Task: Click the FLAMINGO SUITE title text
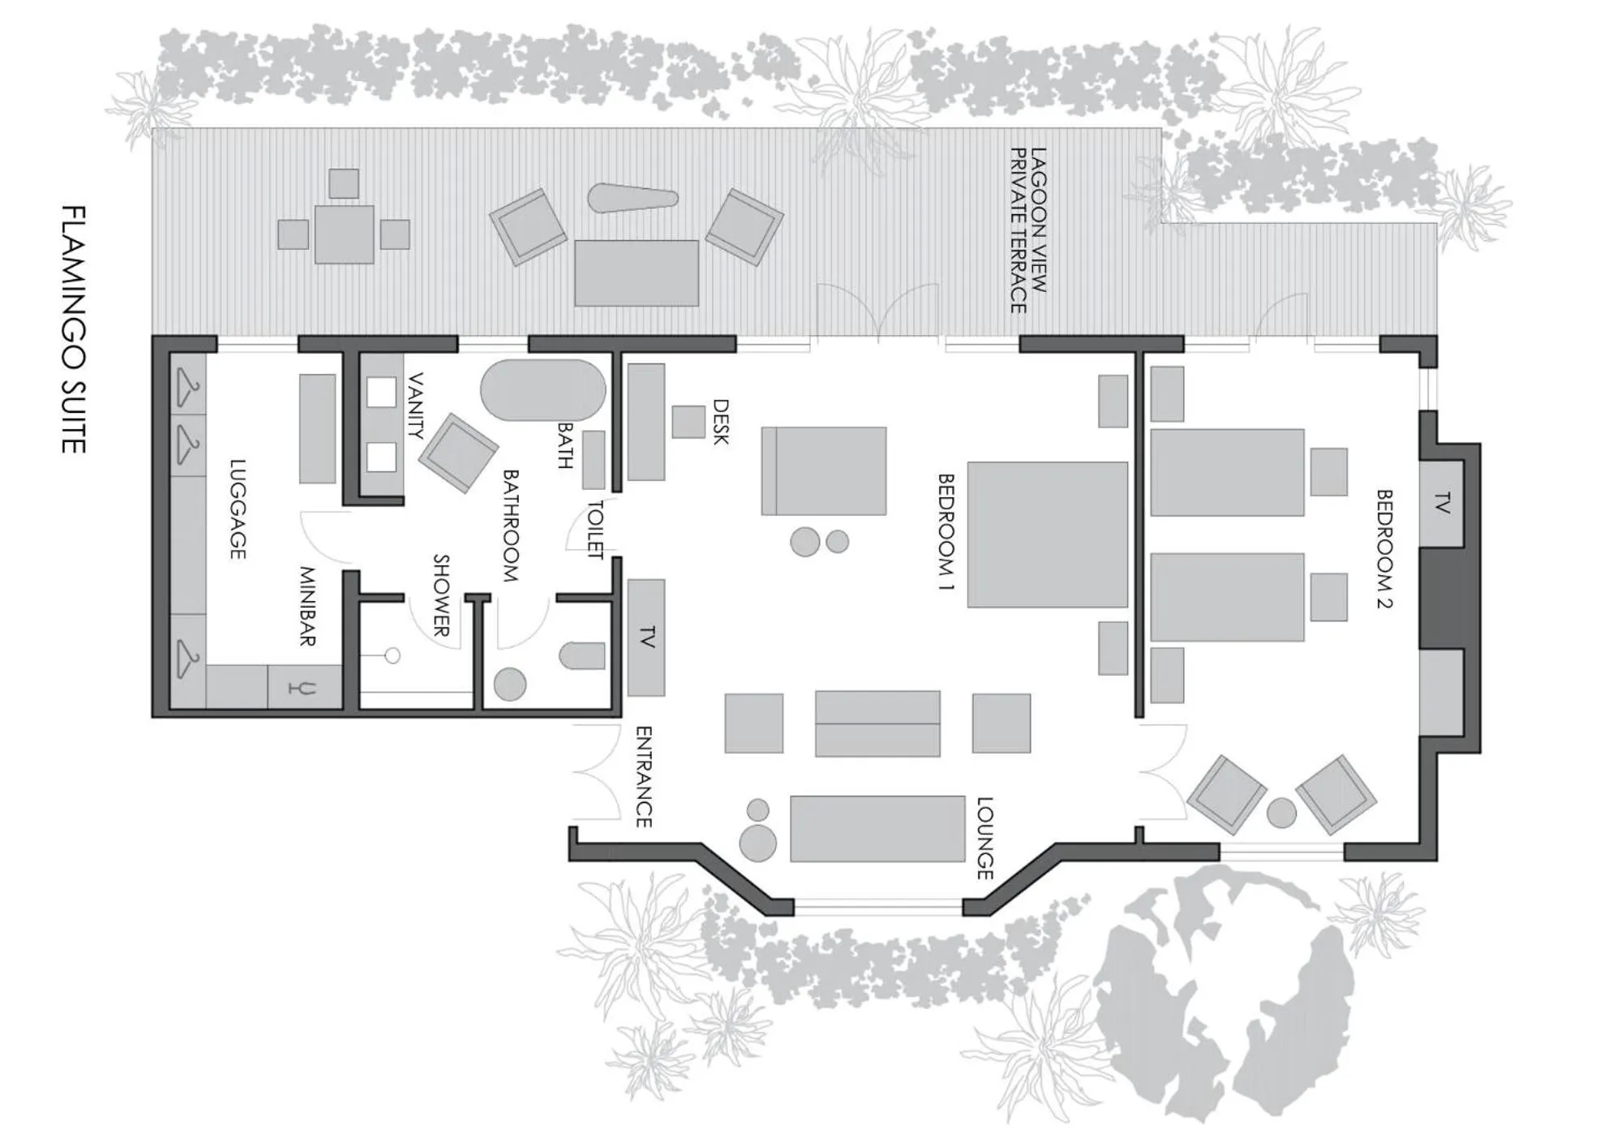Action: (x=74, y=329)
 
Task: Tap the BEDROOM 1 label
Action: (x=946, y=532)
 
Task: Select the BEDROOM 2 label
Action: (x=1384, y=548)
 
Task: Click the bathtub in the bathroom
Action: (x=542, y=390)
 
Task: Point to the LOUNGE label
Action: (x=984, y=838)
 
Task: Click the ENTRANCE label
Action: (x=643, y=776)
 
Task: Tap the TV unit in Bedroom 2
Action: (x=1441, y=504)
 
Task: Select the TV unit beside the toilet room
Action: (x=646, y=638)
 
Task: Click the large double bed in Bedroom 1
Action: (x=1047, y=535)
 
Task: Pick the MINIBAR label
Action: (x=307, y=606)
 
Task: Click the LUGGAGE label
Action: (x=237, y=509)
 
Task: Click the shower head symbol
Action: (x=392, y=655)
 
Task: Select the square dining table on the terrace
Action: (x=345, y=234)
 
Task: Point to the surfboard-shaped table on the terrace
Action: (x=633, y=198)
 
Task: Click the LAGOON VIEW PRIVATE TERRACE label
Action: (x=1028, y=230)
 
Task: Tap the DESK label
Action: (x=720, y=422)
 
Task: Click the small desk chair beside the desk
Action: (x=688, y=422)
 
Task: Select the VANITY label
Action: (x=414, y=406)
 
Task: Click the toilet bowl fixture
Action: (x=582, y=655)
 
